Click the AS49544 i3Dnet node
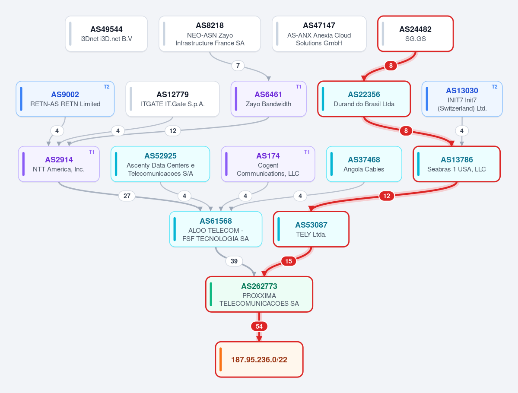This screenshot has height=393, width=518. pyautogui.click(x=106, y=34)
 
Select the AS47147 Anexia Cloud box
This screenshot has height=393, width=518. pyautogui.click(x=319, y=34)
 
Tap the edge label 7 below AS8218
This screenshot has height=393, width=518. pyautogui.click(x=238, y=65)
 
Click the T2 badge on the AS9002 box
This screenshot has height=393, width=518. pyautogui.click(x=106, y=87)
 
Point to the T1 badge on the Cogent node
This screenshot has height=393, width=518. pyautogui.click(x=307, y=152)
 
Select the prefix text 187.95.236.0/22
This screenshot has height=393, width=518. pyautogui.click(x=259, y=360)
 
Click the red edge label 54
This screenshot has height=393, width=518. pyautogui.click(x=259, y=326)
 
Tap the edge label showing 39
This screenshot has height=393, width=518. pyautogui.click(x=234, y=261)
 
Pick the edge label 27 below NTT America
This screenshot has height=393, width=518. pyautogui.click(x=127, y=196)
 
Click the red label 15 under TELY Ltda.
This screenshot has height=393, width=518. pyautogui.click(x=289, y=261)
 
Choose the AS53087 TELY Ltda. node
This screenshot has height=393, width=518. pyautogui.click(x=311, y=229)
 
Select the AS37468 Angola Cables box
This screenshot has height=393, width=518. pyautogui.click(x=364, y=164)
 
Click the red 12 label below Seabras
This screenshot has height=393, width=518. pyautogui.click(x=387, y=196)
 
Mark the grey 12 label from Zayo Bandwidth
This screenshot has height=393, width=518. pyautogui.click(x=173, y=131)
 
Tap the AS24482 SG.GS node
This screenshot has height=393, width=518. pyautogui.click(x=416, y=34)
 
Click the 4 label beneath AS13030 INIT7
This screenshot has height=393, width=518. pyautogui.click(x=462, y=131)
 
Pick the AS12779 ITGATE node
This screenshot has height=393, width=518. pyautogui.click(x=172, y=99)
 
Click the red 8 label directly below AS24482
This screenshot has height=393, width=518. pyautogui.click(x=391, y=65)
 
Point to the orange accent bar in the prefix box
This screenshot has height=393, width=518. pyautogui.click(x=220, y=359)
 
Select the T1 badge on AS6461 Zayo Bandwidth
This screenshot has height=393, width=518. pyautogui.click(x=299, y=87)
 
